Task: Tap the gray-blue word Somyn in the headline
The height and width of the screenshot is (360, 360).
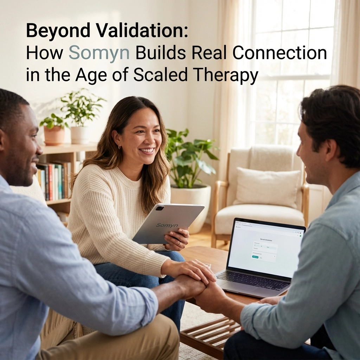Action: [x=99, y=53]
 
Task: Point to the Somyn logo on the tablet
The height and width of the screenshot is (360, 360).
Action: [x=167, y=225]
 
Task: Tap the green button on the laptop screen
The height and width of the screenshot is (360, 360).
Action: [x=255, y=257]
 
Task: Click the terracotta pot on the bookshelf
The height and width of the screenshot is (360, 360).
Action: [x=54, y=135]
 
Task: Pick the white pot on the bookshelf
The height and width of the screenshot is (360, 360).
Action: [x=80, y=135]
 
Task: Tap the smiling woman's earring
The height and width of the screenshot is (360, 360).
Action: [x=120, y=147]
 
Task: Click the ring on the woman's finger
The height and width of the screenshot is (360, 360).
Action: [x=179, y=243]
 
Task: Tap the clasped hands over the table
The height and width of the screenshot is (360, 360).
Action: [x=197, y=281]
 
